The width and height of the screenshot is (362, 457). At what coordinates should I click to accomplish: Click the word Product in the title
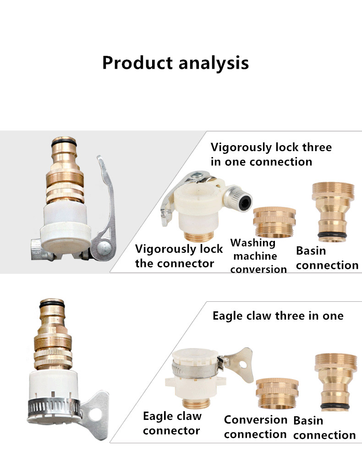[x=137, y=63]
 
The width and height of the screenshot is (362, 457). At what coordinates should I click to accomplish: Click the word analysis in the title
[x=214, y=63]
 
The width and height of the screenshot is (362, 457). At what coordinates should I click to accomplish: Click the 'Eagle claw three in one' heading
[x=278, y=316]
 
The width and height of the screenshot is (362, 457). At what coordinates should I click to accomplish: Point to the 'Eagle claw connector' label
[x=172, y=423]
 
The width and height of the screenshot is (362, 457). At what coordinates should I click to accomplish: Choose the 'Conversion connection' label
[x=256, y=427]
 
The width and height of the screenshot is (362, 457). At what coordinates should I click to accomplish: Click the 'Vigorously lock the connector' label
[x=179, y=256]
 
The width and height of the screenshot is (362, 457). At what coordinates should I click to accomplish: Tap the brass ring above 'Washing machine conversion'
[x=274, y=222]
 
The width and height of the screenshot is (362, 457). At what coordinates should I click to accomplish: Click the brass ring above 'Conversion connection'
[x=277, y=394]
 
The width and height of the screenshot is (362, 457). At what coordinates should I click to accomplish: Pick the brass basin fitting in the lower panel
[x=336, y=382]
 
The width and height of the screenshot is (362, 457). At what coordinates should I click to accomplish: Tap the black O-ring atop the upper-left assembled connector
[x=64, y=144]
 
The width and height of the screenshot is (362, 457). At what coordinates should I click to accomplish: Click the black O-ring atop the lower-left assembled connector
[x=52, y=305]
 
